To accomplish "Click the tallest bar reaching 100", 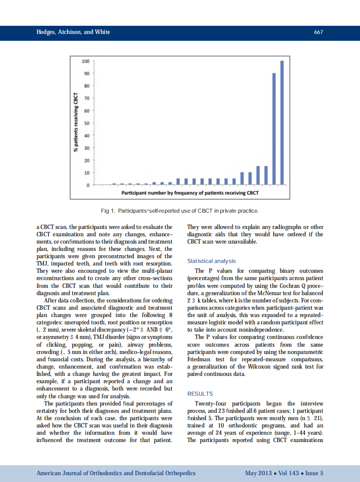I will (282, 122).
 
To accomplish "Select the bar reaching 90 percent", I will (274, 129).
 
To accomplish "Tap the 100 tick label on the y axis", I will (85, 61).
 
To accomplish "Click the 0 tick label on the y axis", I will (88, 185).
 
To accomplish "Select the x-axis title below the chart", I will (190, 193).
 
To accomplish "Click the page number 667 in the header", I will (318, 32).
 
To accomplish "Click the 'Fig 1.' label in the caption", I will (108, 211).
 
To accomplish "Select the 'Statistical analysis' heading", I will (211, 261).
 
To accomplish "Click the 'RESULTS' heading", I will (200, 394).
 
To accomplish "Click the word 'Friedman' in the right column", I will (201, 359).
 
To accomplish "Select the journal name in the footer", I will (116, 473).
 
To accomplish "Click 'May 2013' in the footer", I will (258, 473).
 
